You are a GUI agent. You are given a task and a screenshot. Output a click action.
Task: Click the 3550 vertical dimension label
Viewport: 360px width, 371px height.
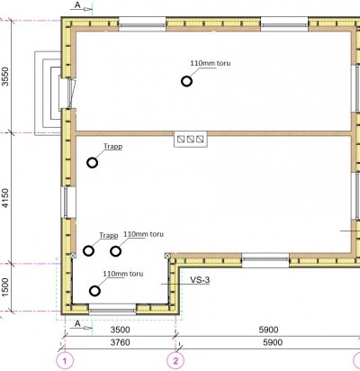click(x=5, y=77)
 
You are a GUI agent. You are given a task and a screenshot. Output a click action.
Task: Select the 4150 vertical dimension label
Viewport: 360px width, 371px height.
click(x=5, y=198)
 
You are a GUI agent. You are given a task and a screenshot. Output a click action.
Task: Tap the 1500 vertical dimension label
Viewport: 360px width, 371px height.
click(x=5, y=287)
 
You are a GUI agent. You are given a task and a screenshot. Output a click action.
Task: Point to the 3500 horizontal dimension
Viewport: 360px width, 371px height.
click(x=121, y=330)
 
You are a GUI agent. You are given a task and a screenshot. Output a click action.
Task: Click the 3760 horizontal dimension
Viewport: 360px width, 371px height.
click(x=121, y=342)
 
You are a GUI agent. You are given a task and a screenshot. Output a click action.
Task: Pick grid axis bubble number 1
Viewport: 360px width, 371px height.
click(x=65, y=361)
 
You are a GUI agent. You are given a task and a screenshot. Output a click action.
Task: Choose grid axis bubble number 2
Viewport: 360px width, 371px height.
click(x=175, y=361)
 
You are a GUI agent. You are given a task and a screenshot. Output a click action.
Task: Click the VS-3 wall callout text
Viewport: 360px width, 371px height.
click(x=200, y=280)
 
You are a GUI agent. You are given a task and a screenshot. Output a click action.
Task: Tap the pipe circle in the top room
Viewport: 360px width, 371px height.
click(x=186, y=81)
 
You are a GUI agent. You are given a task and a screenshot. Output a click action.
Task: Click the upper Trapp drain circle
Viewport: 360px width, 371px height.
click(x=92, y=163)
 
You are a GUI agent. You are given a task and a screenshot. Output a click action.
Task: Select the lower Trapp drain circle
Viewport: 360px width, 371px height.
click(x=88, y=250)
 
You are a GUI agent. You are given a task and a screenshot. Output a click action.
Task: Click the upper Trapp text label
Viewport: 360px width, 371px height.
click(x=113, y=147)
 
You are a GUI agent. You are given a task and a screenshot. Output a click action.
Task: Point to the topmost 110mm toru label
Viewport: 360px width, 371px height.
click(x=211, y=63)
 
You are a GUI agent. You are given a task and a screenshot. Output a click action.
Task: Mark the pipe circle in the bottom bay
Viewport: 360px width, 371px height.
click(x=94, y=291)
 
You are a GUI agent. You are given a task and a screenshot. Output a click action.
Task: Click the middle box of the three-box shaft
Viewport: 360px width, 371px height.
click(x=191, y=139)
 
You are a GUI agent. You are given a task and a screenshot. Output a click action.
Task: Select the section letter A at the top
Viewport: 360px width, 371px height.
click(x=77, y=5)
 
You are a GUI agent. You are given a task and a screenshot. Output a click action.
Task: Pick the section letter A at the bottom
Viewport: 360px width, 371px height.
click(x=77, y=324)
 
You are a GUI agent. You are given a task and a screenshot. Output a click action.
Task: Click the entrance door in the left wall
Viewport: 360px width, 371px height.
click(x=71, y=93)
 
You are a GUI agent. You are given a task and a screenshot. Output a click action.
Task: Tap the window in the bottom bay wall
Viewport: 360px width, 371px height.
click(x=112, y=309)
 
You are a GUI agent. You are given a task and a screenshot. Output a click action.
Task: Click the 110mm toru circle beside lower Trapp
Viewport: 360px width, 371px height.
click(x=116, y=251)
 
